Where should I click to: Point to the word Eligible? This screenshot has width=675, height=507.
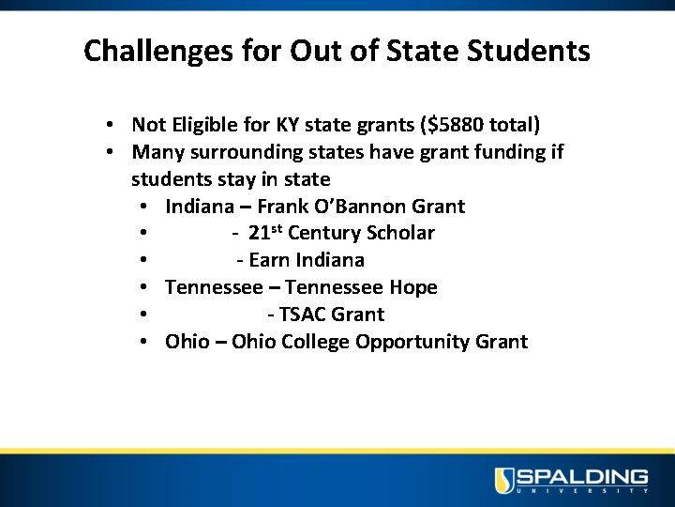(x=202, y=125)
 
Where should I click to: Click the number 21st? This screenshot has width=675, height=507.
(x=265, y=233)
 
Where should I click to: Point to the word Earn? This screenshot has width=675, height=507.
(x=270, y=260)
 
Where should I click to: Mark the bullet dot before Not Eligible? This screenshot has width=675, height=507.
(x=111, y=125)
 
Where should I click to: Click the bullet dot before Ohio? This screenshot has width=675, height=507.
(x=143, y=342)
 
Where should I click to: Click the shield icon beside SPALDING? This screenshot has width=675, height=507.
(x=505, y=481)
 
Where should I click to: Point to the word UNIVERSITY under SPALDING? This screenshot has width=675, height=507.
(x=582, y=491)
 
